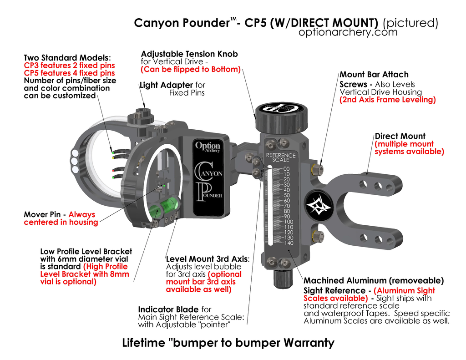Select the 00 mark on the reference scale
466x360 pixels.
[x=287, y=168]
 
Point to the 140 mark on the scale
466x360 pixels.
[x=288, y=243]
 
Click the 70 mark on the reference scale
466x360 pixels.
[x=287, y=206]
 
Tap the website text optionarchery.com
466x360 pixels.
[x=348, y=32]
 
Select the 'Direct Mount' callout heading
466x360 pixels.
[x=400, y=136]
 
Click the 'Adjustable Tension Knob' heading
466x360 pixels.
[x=189, y=54]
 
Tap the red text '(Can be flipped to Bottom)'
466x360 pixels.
[x=191, y=69]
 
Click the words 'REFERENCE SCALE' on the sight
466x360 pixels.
[x=281, y=157]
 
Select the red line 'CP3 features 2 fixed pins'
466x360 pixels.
[x=69, y=66]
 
